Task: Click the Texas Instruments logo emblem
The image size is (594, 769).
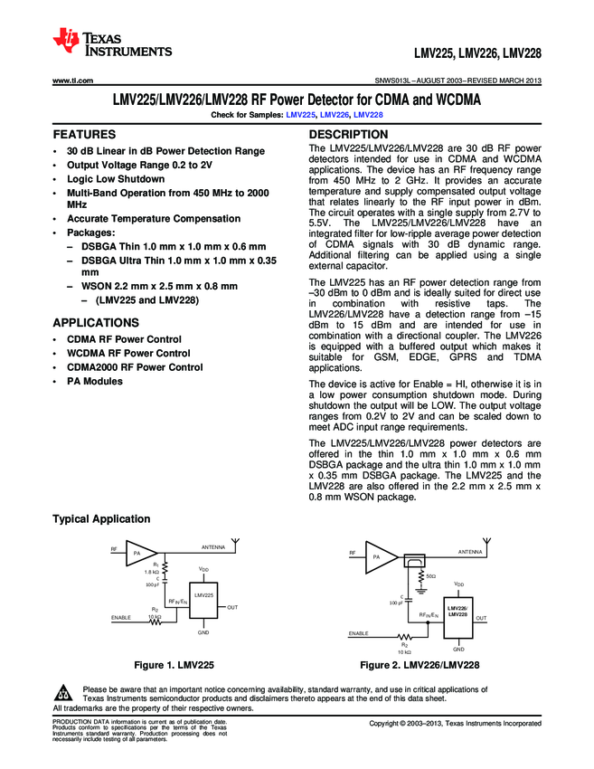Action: [x=67, y=40]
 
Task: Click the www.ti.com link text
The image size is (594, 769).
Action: [x=73, y=81]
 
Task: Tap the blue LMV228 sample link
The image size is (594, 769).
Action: [x=368, y=115]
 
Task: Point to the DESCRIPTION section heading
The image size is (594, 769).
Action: [x=348, y=134]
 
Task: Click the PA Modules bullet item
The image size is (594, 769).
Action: [x=94, y=382]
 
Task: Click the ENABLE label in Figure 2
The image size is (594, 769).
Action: [x=359, y=634]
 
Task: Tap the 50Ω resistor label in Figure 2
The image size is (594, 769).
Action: [x=429, y=575]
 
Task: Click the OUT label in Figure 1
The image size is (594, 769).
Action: [x=232, y=607]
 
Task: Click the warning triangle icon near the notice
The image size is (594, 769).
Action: [x=64, y=694]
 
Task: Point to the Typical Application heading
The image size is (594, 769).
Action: [x=101, y=518]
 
